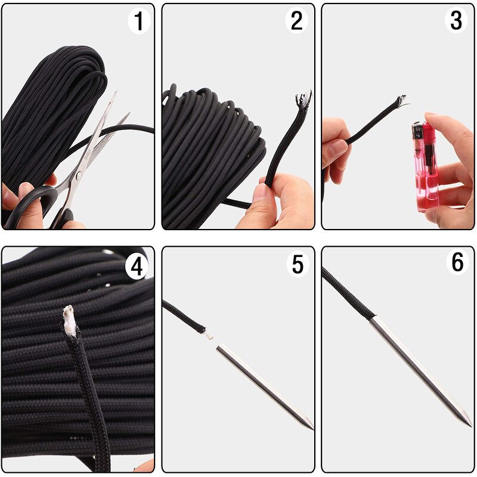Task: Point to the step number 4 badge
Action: point(137,267)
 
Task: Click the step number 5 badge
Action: point(297,263)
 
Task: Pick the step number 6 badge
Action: point(457,262)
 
